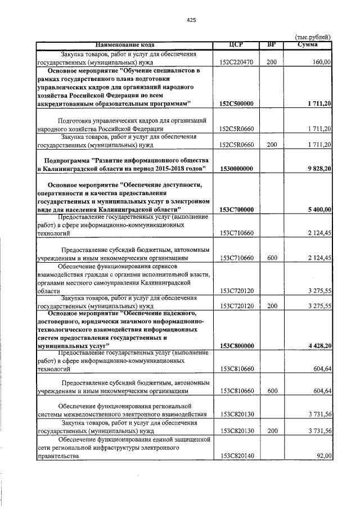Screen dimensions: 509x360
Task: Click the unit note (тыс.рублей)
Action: [313, 37]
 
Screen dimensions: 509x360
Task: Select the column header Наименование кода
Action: [124, 44]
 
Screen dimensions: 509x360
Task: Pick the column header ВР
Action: [272, 44]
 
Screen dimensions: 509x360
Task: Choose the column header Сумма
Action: [309, 44]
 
